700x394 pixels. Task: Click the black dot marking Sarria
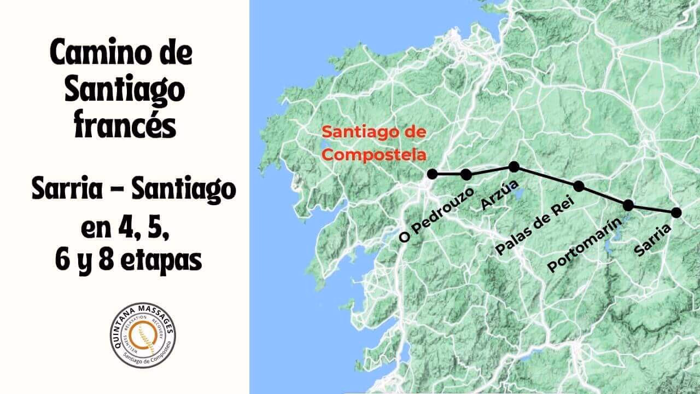click(676, 212)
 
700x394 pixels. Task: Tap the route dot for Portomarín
click(628, 205)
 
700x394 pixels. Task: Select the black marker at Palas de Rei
click(579, 187)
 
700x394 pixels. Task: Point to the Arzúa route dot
click(514, 166)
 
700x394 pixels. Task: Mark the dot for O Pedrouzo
click(466, 175)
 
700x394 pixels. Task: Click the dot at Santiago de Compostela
click(432, 175)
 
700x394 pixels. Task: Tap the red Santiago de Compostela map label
click(374, 143)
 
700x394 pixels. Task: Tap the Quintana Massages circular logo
click(143, 335)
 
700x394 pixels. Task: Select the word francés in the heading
click(124, 126)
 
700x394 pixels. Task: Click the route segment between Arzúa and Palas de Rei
click(546, 176)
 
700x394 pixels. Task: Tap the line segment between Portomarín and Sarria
click(652, 209)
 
